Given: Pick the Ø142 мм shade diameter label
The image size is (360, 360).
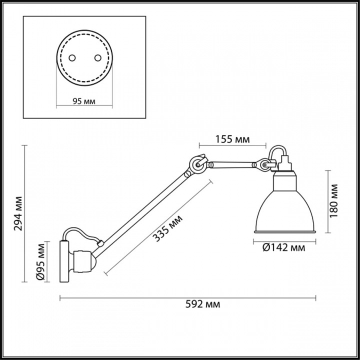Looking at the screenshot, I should (283, 246).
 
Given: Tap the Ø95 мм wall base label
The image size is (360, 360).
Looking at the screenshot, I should (41, 261).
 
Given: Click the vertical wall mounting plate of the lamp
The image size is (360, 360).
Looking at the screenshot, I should (64, 261).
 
